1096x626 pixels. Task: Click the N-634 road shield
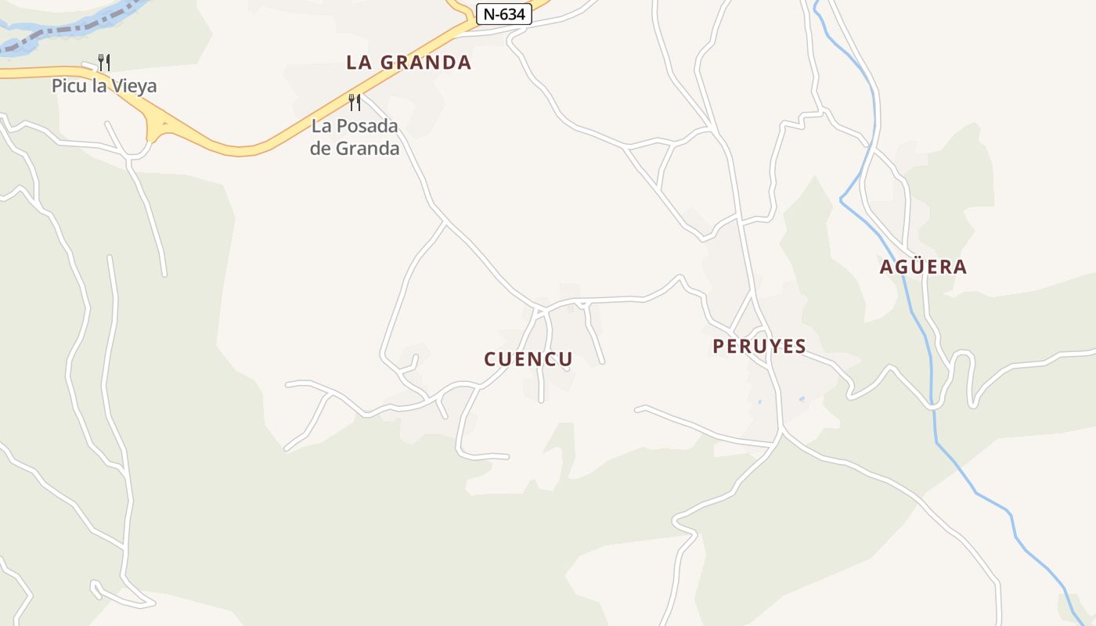503,14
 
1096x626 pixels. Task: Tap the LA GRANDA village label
409,63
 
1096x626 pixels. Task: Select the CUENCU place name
528,359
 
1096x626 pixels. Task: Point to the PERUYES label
759,347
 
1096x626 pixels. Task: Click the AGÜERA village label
923,267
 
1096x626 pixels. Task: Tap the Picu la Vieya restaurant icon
103,62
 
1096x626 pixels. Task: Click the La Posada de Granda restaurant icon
355,102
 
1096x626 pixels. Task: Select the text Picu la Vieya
104,86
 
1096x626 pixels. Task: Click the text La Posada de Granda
355,137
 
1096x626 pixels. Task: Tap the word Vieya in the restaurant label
134,86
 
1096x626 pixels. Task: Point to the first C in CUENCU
491,359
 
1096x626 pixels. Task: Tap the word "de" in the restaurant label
322,148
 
